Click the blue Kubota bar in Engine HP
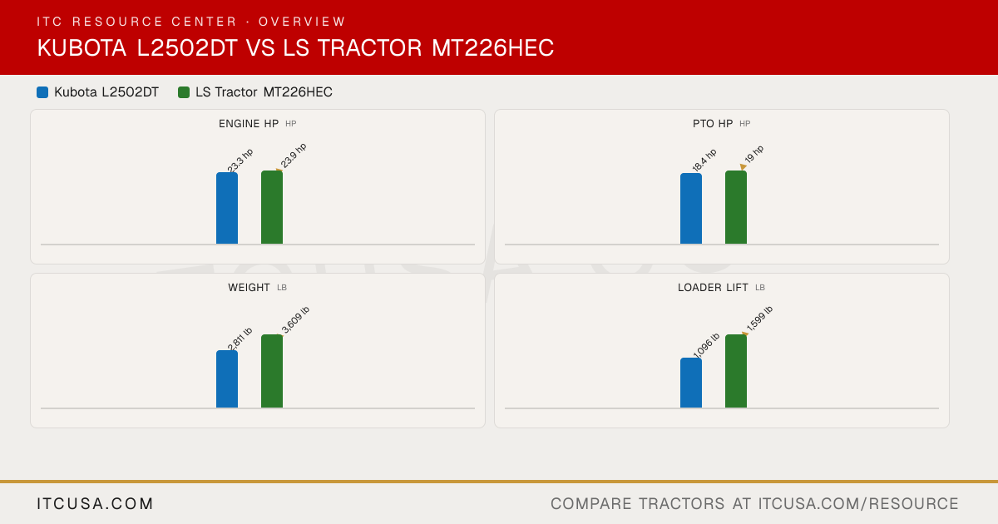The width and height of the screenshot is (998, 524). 227,208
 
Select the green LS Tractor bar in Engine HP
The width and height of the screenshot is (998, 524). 272,207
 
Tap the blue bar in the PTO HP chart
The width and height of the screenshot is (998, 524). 691,209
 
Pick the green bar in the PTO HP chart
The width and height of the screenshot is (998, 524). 736,207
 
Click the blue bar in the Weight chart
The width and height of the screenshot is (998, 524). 227,379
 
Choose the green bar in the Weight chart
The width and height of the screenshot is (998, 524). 272,371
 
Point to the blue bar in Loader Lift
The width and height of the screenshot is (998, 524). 691,383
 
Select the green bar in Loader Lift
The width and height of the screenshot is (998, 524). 736,371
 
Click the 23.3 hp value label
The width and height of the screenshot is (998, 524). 240,161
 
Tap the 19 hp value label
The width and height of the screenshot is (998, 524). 753,154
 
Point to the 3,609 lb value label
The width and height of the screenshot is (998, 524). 295,319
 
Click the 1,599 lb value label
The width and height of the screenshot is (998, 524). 759,319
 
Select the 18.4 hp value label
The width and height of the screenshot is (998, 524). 704,161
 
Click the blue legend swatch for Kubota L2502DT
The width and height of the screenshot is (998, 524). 42,92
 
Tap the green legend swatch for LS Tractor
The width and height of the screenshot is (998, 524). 184,92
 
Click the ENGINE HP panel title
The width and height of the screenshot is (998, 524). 249,123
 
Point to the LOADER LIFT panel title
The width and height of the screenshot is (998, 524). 713,288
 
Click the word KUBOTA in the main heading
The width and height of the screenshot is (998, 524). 82,47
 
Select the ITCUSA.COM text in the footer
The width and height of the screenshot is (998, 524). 95,503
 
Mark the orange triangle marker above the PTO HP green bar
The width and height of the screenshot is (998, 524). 743,166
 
